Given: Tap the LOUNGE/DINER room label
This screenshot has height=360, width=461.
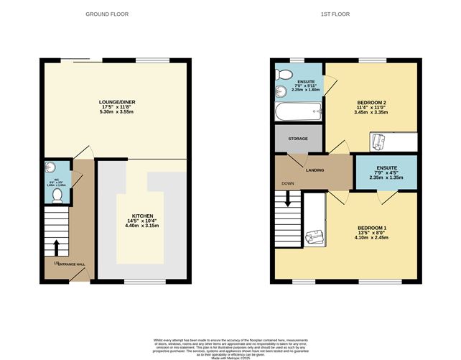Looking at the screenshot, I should tap(117, 103).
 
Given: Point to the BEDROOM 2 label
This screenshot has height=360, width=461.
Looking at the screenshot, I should tap(371, 103).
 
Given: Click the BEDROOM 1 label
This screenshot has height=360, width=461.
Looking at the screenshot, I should tap(372, 229).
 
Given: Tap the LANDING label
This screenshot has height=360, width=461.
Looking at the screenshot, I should tap(315, 170).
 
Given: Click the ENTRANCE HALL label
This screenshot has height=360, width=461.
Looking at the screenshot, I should tap(72, 264).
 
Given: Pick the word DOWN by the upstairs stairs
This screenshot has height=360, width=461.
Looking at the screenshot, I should tap(287, 183).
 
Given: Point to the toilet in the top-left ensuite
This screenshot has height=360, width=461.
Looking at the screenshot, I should tap(284, 74).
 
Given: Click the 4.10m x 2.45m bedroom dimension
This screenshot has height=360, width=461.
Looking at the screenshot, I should tap(372, 240).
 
